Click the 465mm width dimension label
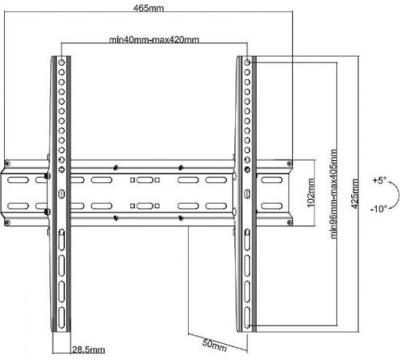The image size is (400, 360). coord(149,8)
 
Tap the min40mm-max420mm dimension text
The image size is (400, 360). coord(154,40)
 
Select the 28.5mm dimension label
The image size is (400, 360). coord(89,350)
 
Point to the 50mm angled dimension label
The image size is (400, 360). coord(214,346)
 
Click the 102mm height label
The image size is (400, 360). coord(310,193)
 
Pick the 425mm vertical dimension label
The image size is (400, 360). coord(354,194)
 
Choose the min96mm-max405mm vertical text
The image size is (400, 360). coord(334,194)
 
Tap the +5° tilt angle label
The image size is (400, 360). coord(379,181)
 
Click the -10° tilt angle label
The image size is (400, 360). coord(378,209)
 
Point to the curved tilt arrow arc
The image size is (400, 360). coord(399,194)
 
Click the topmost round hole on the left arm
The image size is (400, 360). coord(62,62)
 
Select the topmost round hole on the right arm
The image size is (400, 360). coord(247,62)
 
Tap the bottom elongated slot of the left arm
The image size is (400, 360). coord(62,318)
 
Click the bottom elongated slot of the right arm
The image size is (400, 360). coord(247,318)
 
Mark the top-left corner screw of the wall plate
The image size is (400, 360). coord(7,163)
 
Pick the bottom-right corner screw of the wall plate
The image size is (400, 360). coord(290,222)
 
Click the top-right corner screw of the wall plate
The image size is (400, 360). coord(290,163)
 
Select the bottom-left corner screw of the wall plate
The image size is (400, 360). coord(7,222)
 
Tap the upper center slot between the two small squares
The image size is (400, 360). coord(145,180)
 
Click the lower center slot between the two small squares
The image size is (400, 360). coord(145,206)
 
